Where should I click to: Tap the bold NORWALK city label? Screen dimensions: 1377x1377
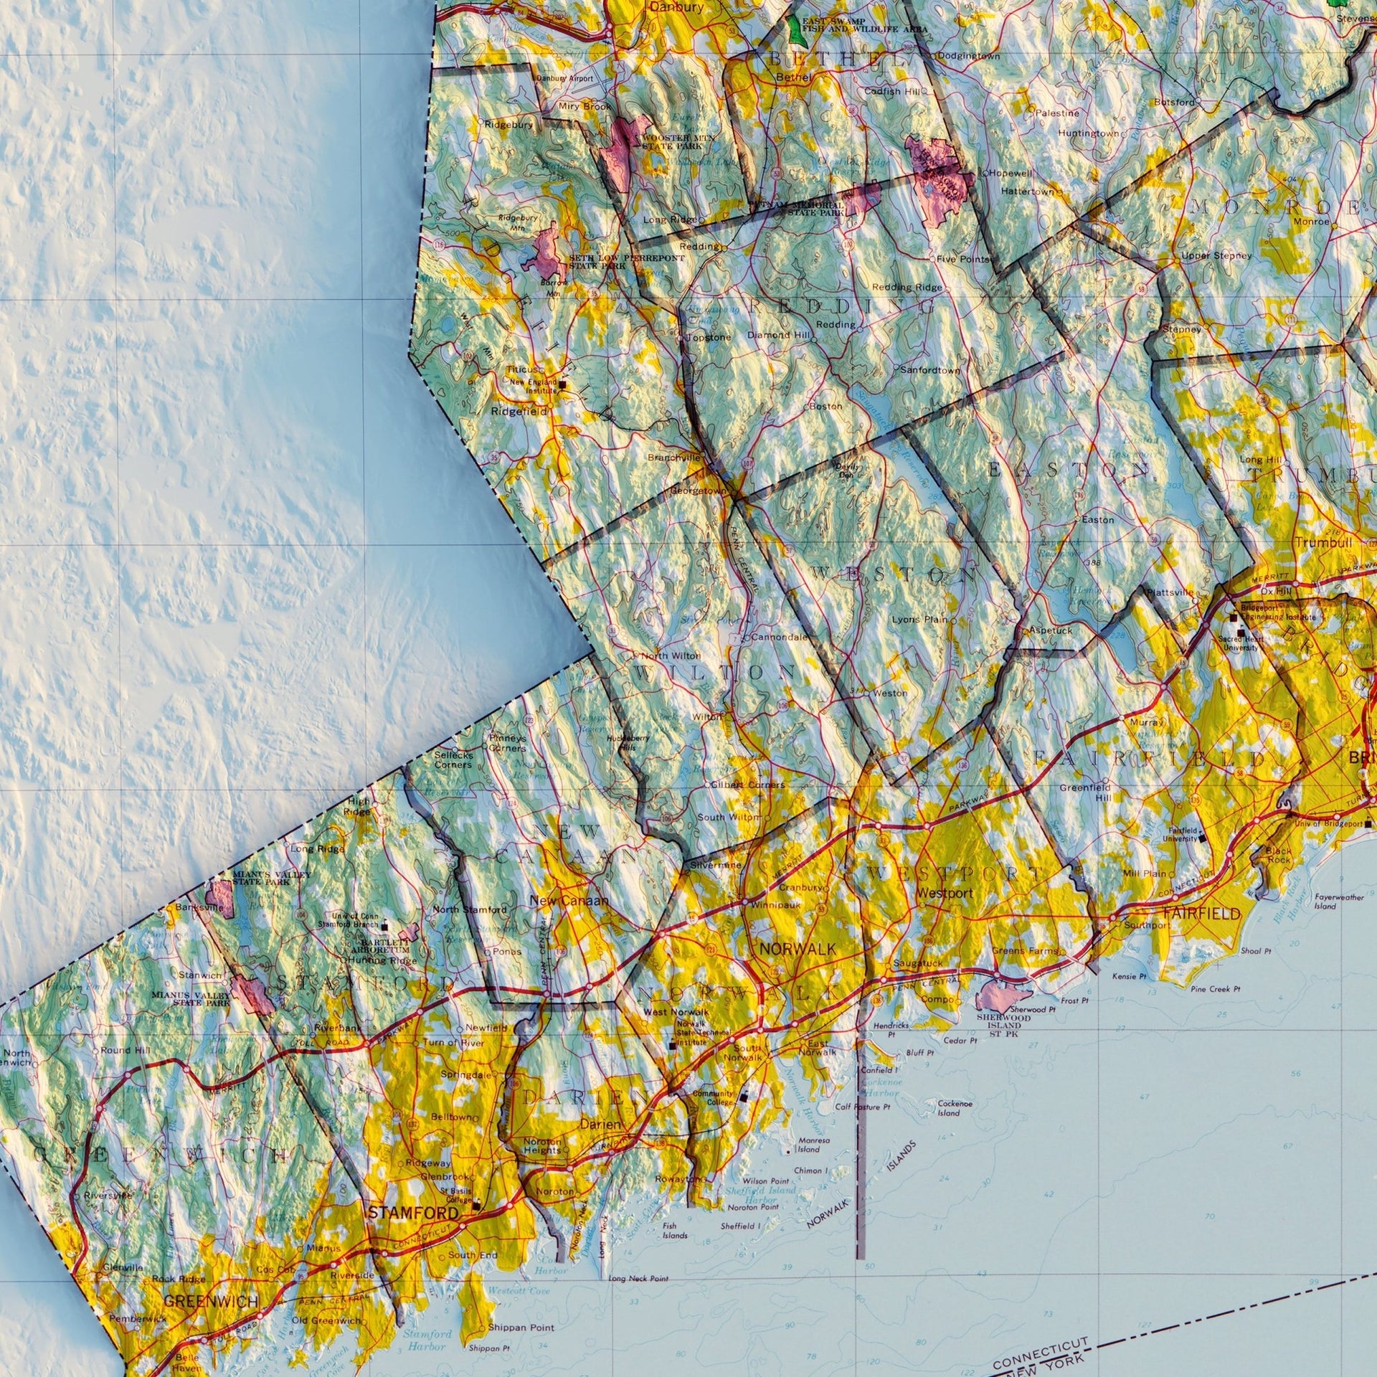[798, 949]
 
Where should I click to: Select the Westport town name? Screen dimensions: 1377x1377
[945, 894]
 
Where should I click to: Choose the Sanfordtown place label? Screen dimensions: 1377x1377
[929, 370]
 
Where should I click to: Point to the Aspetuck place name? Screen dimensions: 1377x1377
[1051, 630]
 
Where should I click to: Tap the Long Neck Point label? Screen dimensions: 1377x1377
[638, 1279]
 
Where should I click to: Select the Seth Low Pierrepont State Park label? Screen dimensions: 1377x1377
[616, 261]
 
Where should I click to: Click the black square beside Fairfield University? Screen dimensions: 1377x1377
[1202, 836]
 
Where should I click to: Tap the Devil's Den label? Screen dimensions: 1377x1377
[846, 470]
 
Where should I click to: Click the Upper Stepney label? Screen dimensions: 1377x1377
[1216, 255]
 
